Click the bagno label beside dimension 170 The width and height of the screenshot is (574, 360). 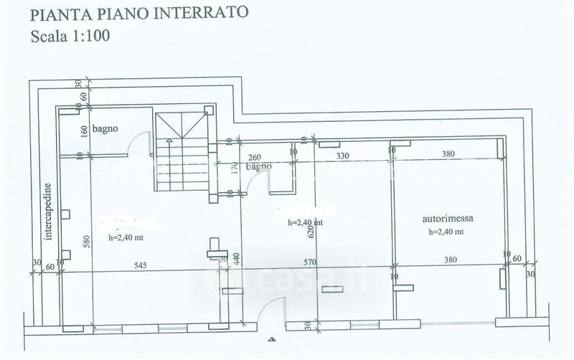pyautogui.click(x=258, y=166)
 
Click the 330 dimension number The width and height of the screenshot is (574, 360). pyautogui.click(x=343, y=155)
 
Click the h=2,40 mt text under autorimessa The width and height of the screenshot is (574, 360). pyautogui.click(x=446, y=232)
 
